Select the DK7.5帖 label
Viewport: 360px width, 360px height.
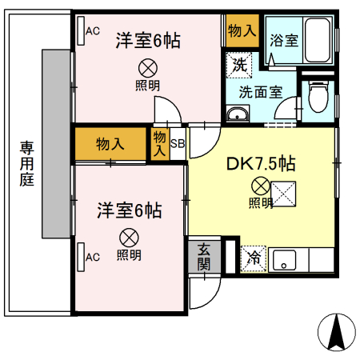coord(261,165)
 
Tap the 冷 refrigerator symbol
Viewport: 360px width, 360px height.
coord(254,258)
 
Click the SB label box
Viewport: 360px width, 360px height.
coord(178,144)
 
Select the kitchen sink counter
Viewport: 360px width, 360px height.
coord(300,259)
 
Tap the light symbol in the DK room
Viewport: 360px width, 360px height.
coord(260,186)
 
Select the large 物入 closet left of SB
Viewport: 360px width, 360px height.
coord(110,144)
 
